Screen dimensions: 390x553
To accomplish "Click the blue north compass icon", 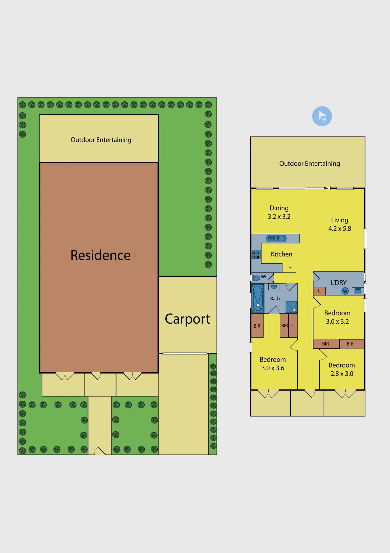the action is point(322,116).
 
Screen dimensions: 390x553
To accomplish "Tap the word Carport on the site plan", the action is point(187,319).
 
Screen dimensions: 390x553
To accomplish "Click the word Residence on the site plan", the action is point(100,255).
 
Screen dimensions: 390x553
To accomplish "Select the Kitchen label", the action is point(281,254).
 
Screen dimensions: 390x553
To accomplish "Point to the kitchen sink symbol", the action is point(276,238).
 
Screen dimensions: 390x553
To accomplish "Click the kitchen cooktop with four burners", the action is point(256,255).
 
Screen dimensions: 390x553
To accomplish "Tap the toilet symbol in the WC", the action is point(256,278).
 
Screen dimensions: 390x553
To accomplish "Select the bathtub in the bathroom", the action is point(258,298).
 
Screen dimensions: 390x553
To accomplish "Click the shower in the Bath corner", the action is point(291,307).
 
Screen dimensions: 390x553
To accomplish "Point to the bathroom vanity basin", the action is point(274,287).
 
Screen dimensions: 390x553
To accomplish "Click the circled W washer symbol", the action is point(345,291).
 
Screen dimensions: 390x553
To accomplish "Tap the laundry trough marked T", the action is point(358,291).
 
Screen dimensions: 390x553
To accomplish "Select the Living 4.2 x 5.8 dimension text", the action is point(340,224).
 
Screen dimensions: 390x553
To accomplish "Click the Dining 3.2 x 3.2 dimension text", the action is point(279,212).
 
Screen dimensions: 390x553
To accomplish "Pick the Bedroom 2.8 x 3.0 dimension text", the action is point(342,369).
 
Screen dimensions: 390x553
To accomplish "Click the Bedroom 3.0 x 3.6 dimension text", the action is point(273,364).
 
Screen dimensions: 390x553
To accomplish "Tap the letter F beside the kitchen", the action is point(290,268).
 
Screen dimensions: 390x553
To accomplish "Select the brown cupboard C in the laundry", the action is point(319,291).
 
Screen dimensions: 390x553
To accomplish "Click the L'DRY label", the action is point(339,283).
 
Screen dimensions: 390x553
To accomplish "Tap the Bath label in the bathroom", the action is point(275,299).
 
